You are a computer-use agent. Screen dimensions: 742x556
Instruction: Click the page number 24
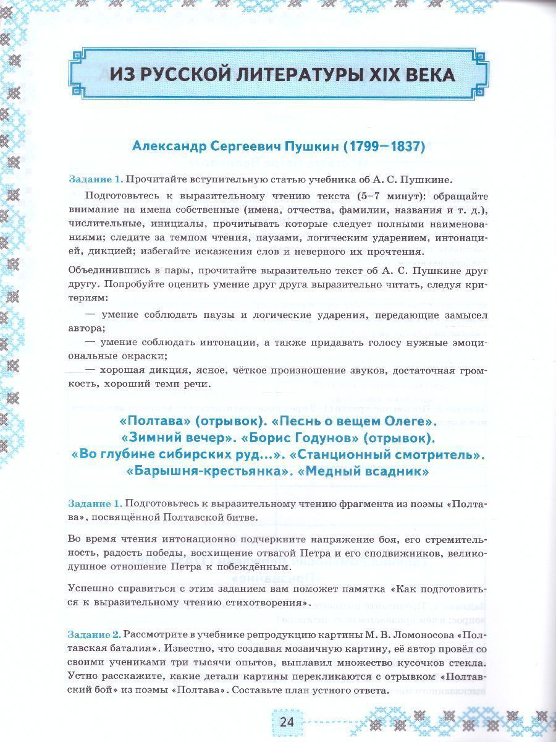[287, 722]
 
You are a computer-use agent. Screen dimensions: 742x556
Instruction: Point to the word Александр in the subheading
[168, 148]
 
